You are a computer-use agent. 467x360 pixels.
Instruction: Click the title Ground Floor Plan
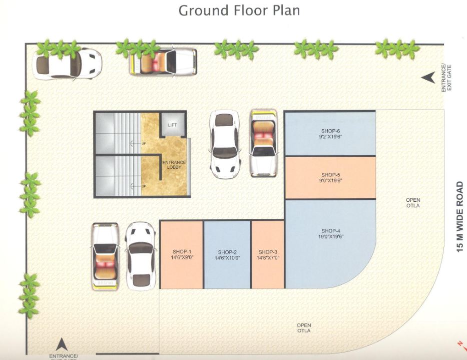point(239,11)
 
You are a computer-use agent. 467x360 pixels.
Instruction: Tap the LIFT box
point(172,125)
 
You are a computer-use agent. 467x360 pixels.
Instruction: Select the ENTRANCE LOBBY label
point(174,164)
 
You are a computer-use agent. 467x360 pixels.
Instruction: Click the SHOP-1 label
point(182,251)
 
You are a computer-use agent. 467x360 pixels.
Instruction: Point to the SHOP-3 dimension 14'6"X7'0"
point(268,258)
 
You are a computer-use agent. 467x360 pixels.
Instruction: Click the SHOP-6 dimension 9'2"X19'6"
point(330,136)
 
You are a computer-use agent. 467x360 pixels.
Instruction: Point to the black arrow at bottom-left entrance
point(62,344)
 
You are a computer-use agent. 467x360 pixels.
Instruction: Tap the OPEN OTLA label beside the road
point(413,203)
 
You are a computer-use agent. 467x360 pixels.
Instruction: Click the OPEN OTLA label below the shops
point(303,328)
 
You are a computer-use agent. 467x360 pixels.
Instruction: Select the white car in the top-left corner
point(68,63)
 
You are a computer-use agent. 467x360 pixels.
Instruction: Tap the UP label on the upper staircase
point(144,144)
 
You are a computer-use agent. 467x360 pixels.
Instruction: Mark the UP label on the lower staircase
point(144,186)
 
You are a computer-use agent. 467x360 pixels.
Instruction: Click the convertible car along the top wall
point(163,61)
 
